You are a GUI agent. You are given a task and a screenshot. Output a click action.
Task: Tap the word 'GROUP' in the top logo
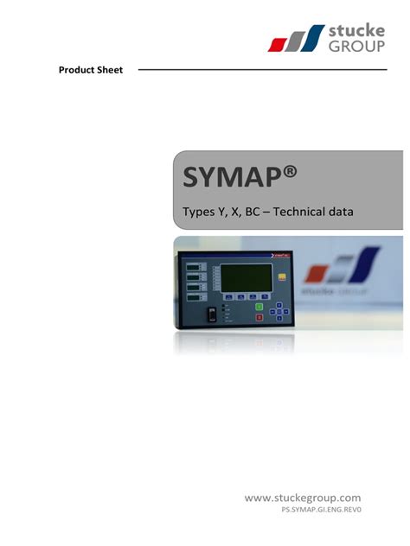click(357, 48)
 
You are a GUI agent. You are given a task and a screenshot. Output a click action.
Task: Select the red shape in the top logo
click(279, 42)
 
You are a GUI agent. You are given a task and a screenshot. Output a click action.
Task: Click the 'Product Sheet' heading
click(91, 70)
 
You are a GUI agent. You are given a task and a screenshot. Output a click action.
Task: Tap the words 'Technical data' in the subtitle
click(312, 211)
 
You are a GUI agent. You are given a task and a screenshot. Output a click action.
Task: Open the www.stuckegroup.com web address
click(302, 498)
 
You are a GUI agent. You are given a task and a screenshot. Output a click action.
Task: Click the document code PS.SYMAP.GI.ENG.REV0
click(320, 511)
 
